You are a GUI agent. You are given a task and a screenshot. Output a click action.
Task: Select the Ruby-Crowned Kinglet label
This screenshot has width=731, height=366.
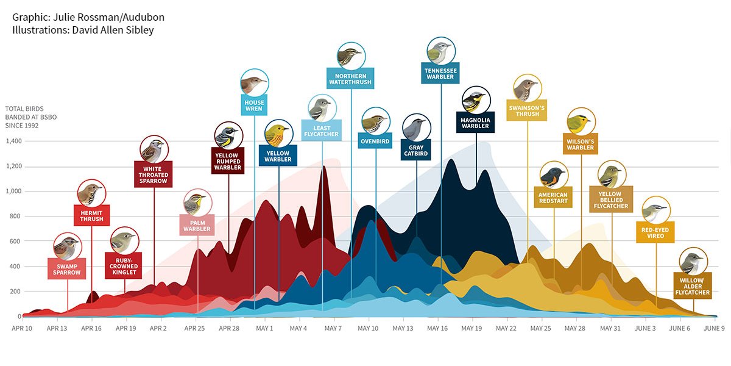tap(124, 266)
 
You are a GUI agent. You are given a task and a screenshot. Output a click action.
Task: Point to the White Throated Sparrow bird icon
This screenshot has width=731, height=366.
tap(154, 149)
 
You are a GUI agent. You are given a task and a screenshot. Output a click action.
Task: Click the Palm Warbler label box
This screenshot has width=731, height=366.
tap(197, 226)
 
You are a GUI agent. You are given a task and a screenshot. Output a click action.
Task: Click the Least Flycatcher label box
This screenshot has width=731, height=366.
tap(320, 131)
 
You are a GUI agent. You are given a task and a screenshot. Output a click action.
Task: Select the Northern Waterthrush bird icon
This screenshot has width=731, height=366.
tap(351, 57)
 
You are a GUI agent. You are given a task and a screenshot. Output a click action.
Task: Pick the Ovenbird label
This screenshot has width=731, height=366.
tap(376, 142)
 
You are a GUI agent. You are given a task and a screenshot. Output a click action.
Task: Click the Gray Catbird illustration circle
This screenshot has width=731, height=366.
tap(417, 127)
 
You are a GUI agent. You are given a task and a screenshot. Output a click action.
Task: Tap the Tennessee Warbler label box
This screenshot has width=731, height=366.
tap(440, 73)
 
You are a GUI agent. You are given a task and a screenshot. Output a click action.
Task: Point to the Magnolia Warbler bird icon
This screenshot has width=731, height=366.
tap(476, 100)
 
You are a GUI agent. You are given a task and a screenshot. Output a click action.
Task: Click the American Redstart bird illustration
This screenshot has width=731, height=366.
tap(554, 176)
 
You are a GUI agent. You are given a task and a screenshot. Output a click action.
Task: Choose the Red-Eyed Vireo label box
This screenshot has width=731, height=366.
tap(655, 234)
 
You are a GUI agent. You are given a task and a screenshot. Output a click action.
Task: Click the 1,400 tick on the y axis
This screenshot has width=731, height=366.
tap(13, 141)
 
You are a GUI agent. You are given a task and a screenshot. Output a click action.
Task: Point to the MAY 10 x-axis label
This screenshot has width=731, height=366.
tap(368, 328)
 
